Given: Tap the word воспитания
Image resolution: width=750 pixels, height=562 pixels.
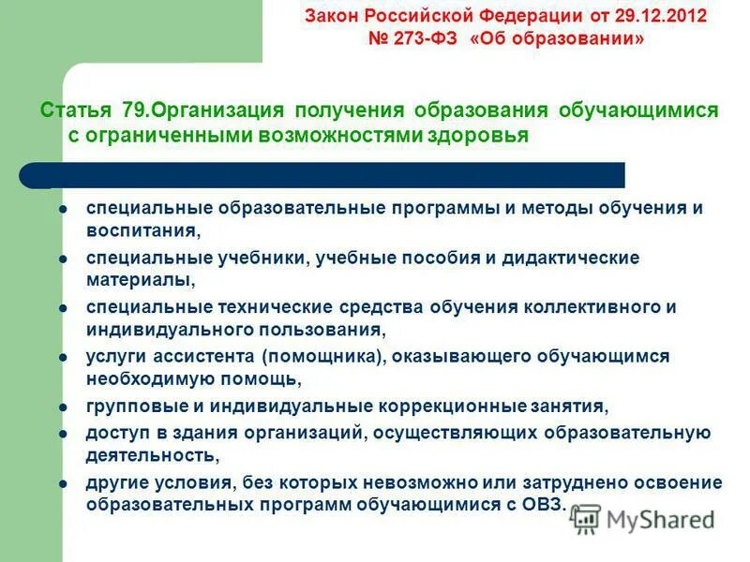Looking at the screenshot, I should (141, 229).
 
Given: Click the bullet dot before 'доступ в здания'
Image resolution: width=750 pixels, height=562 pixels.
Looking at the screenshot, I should (63, 433).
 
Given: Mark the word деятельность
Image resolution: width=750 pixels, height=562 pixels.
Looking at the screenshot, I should (150, 454).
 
